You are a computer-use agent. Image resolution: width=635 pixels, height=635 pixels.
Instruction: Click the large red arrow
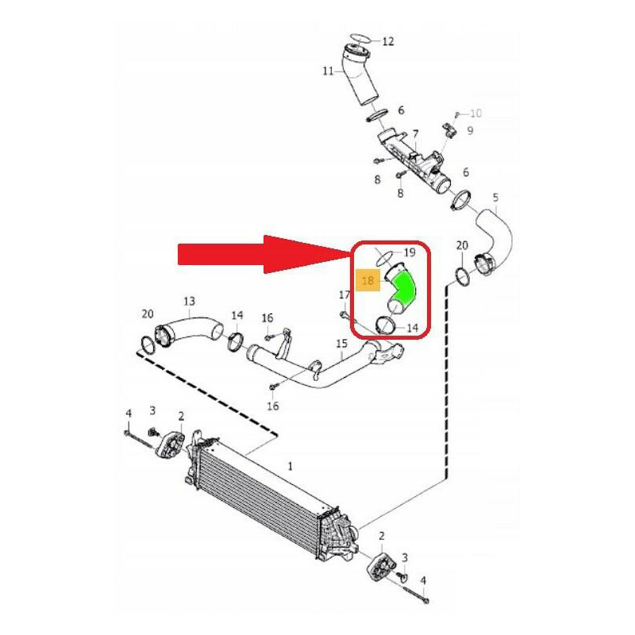tap(264, 254)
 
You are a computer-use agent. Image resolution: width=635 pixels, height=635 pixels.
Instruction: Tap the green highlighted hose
tap(404, 288)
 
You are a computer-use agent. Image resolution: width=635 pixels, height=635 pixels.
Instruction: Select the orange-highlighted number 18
tap(368, 280)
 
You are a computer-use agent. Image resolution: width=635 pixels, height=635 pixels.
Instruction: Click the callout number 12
tap(387, 41)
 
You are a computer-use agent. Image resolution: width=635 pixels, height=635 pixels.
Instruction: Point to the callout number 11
tap(328, 71)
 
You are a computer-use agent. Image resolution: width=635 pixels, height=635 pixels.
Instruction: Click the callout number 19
tap(410, 252)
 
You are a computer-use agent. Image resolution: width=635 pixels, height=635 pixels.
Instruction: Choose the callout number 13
tap(189, 302)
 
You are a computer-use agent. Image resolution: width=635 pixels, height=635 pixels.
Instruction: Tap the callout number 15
tap(342, 344)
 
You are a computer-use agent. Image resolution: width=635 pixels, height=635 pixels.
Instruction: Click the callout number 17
tap(344, 294)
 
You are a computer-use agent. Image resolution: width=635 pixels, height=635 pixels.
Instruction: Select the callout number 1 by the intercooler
tap(290, 467)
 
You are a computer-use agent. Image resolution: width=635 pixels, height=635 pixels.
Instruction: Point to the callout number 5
tap(495, 198)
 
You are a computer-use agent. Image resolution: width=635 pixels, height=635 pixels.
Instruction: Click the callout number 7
tap(415, 134)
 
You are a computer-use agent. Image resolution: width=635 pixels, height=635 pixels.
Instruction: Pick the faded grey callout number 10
tap(475, 113)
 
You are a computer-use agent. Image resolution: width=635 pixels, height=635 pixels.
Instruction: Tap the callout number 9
tap(470, 130)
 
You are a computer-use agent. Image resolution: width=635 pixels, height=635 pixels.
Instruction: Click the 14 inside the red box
tap(412, 328)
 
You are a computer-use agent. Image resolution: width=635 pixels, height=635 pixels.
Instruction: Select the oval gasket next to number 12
tap(360, 37)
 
